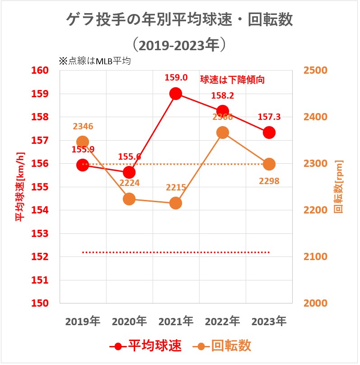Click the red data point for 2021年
(x=176, y=94)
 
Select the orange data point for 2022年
(x=222, y=133)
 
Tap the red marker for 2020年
(x=129, y=172)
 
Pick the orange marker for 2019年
(x=83, y=142)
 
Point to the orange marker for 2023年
(x=269, y=164)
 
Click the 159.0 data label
(x=176, y=77)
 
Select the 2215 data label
(x=176, y=187)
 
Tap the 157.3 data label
(x=269, y=117)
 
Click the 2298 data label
(x=269, y=181)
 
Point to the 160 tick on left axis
(x=40, y=71)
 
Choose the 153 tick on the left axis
(x=40, y=234)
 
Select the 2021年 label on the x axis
(x=176, y=322)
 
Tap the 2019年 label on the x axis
(x=83, y=322)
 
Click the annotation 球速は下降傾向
(x=232, y=80)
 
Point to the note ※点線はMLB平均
(x=94, y=61)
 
